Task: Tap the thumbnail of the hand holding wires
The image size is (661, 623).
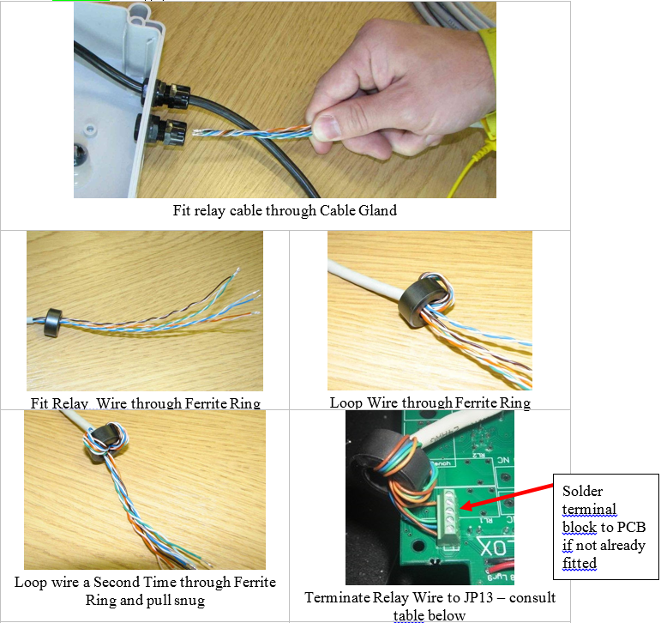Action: pos(285,100)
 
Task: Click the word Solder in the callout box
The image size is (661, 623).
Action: pos(582,491)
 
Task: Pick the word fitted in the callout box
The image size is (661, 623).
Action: pos(580,563)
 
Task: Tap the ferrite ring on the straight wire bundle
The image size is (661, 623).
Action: pos(53,323)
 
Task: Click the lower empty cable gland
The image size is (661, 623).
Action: pos(159,130)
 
